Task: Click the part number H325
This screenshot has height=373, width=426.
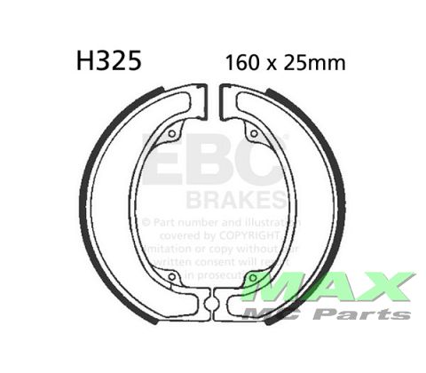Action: pos(105,63)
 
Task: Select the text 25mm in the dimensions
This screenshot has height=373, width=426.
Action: pos(319,64)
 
